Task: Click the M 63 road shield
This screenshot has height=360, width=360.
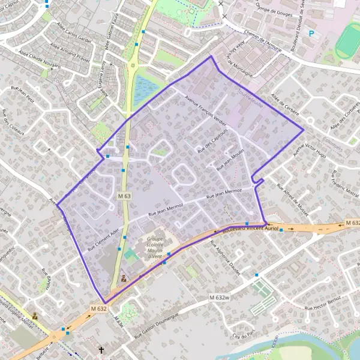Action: (124, 196)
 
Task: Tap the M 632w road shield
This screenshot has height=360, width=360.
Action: (220, 298)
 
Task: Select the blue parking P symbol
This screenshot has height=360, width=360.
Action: (311, 34)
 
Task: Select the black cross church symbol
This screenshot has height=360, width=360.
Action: (101, 349)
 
